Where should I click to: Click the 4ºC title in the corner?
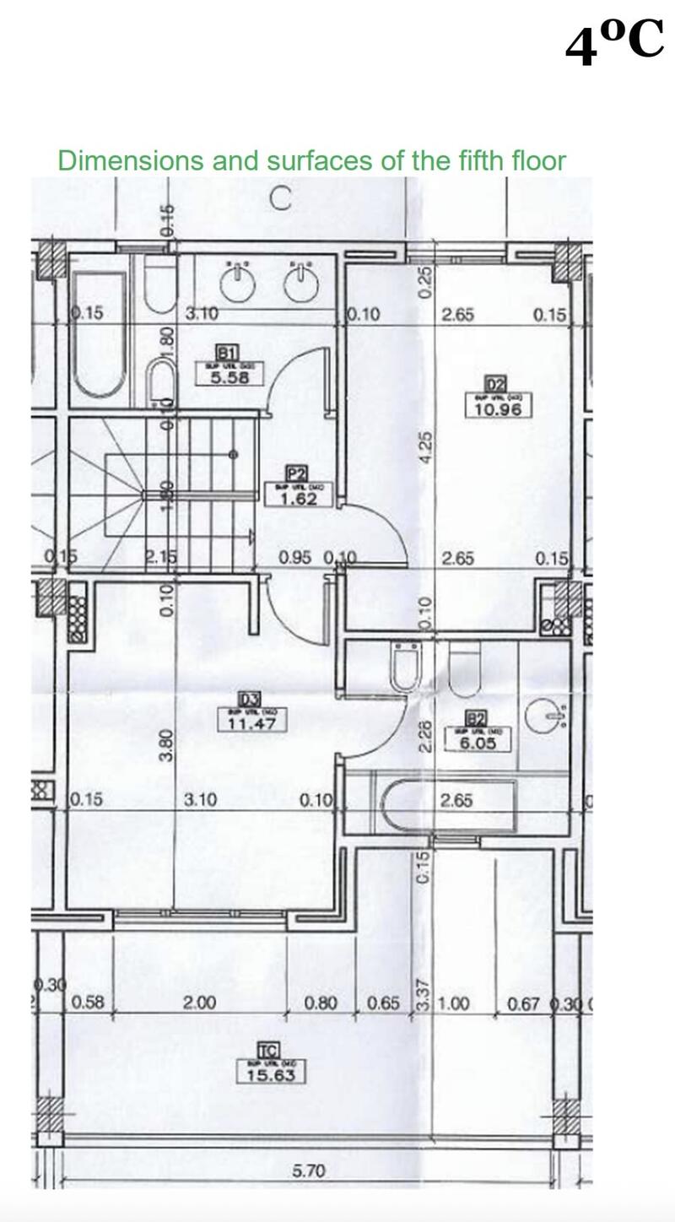(614, 44)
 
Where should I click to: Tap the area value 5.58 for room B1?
(229, 377)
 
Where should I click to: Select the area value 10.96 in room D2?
(499, 409)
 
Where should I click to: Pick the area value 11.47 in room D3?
(251, 723)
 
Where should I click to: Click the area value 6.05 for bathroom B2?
(477, 743)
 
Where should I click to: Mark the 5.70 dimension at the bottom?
(308, 1171)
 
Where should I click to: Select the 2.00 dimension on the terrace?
(199, 1003)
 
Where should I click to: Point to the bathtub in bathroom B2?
(447, 806)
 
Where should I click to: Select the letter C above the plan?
(281, 200)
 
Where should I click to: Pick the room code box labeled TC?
(268, 1051)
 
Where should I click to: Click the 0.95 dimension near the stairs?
(295, 558)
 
